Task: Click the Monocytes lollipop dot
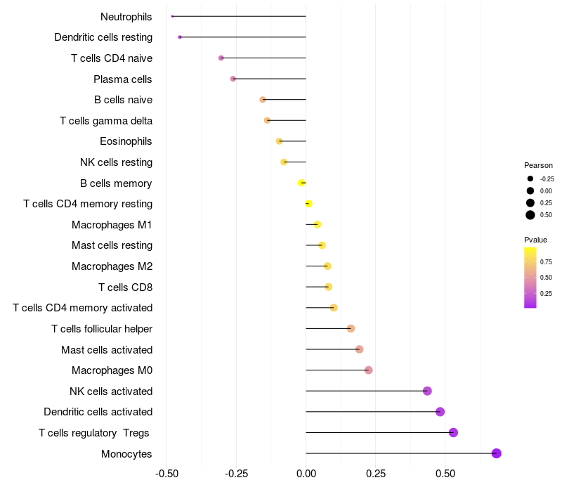click(496, 453)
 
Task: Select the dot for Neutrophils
click(172, 16)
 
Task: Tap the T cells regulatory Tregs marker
click(453, 432)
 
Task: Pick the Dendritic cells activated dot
click(440, 412)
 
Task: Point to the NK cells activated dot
click(427, 391)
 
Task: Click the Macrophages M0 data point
click(368, 370)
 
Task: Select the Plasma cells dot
click(233, 79)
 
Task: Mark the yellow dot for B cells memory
click(301, 183)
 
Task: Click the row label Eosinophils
click(126, 141)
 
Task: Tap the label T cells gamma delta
click(106, 121)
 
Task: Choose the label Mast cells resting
click(112, 245)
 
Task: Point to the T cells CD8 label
click(125, 287)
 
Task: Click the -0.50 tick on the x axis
click(166, 475)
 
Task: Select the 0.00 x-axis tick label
click(306, 475)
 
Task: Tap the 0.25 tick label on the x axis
click(376, 475)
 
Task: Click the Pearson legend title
click(538, 165)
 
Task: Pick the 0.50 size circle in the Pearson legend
click(530, 215)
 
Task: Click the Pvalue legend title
click(535, 240)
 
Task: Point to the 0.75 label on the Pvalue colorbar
click(546, 261)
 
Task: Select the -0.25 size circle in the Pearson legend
click(530, 179)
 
